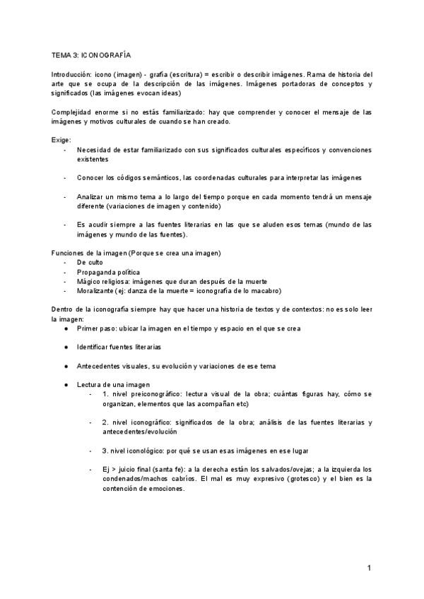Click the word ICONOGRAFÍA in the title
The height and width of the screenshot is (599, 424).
click(x=107, y=54)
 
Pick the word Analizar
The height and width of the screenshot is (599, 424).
click(x=92, y=196)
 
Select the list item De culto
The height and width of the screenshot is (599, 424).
click(x=90, y=262)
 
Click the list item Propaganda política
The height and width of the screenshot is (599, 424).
click(x=109, y=271)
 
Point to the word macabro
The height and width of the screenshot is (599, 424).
click(x=266, y=290)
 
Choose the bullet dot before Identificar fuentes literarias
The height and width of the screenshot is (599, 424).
click(x=66, y=347)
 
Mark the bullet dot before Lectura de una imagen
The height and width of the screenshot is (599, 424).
click(x=66, y=384)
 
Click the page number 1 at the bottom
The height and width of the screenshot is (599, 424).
click(x=370, y=568)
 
